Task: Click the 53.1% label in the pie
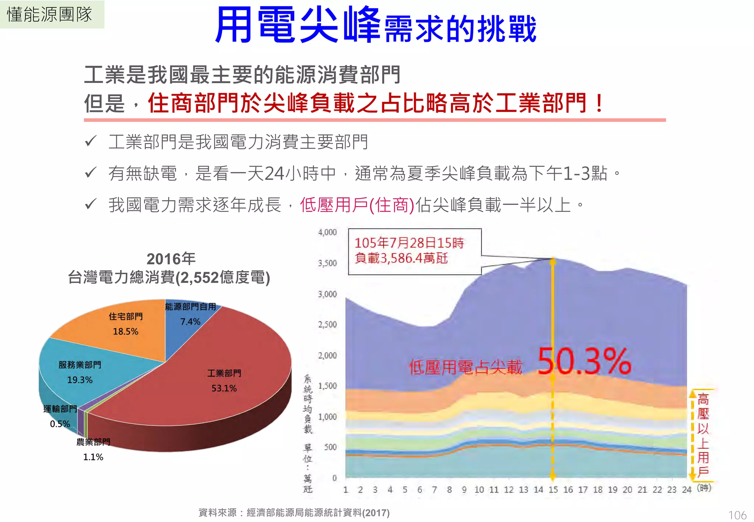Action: click(x=224, y=388)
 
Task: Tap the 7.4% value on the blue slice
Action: click(x=190, y=322)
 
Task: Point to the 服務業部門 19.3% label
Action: click(x=80, y=372)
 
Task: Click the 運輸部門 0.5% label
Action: click(x=60, y=416)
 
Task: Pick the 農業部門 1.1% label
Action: click(x=93, y=449)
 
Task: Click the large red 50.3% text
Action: click(x=584, y=362)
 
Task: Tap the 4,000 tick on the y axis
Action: click(x=327, y=232)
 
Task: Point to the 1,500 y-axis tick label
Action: click(x=327, y=386)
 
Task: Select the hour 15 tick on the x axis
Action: click(x=553, y=490)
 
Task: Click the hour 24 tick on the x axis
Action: click(x=687, y=490)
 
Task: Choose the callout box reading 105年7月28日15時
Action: click(x=415, y=251)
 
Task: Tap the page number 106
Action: click(x=737, y=515)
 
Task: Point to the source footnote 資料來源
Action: click(x=294, y=512)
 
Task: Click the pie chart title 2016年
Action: click(x=170, y=259)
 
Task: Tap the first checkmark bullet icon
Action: click(x=91, y=141)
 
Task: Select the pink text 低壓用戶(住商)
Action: click(x=357, y=205)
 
